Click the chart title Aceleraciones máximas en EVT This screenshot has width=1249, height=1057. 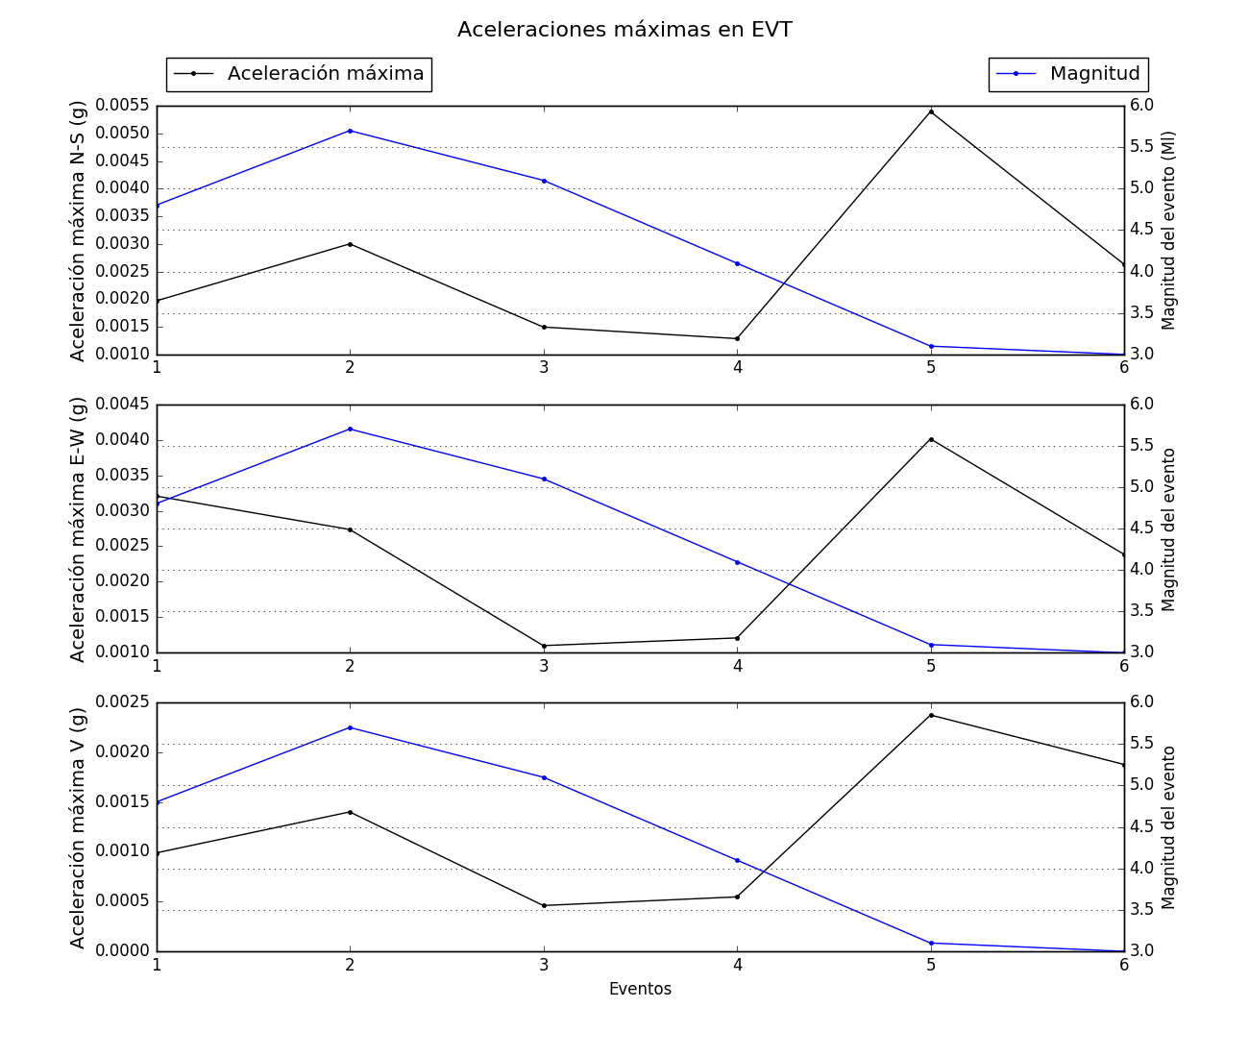pyautogui.click(x=624, y=30)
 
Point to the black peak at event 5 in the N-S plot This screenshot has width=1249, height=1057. pyautogui.click(x=931, y=111)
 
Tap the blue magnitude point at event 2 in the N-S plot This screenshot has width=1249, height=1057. pyautogui.click(x=350, y=131)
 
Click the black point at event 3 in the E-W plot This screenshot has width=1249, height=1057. pyautogui.click(x=544, y=646)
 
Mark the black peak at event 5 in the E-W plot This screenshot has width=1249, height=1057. pyautogui.click(x=931, y=439)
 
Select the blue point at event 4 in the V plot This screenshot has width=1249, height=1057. pyautogui.click(x=737, y=860)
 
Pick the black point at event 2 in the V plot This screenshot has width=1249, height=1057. pyautogui.click(x=350, y=812)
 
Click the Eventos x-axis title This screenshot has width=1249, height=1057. pyautogui.click(x=640, y=990)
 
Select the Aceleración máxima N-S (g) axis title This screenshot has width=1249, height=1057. pyautogui.click(x=79, y=231)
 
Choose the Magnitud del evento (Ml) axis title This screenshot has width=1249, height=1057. pyautogui.click(x=1169, y=231)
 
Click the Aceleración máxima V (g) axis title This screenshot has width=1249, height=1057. pyautogui.click(x=79, y=827)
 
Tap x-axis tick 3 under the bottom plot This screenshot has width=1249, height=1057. pyautogui.click(x=544, y=966)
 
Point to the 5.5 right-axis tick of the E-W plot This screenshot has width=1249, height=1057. pyautogui.click(x=1142, y=446)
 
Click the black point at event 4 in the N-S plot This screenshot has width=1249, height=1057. pyautogui.click(x=737, y=338)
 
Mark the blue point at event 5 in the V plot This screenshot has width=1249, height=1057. pyautogui.click(x=931, y=943)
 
